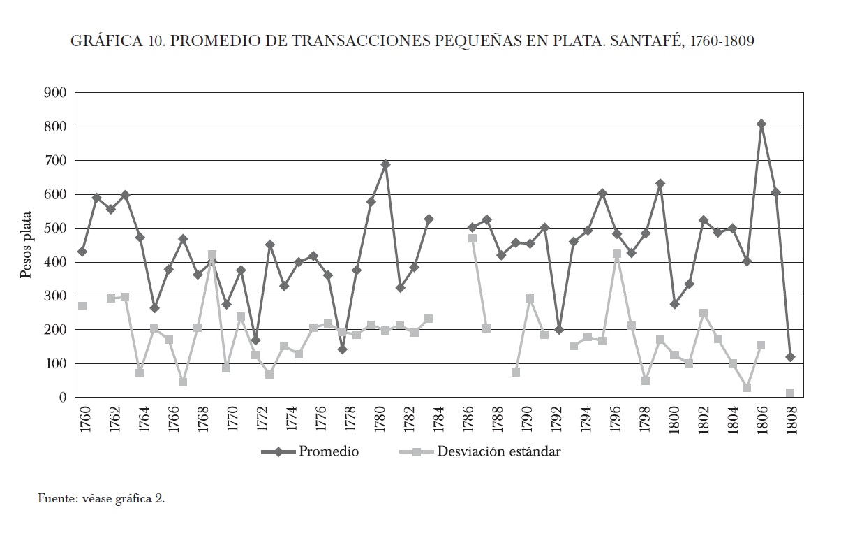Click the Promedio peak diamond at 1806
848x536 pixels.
click(x=761, y=124)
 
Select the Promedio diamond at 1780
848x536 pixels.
click(x=385, y=165)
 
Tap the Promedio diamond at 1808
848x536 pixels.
click(x=790, y=357)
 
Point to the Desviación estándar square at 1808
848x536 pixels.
click(x=790, y=393)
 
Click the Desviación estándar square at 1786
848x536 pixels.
click(x=473, y=238)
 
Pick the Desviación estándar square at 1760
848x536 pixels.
click(x=82, y=306)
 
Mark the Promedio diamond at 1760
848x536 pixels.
click(x=82, y=252)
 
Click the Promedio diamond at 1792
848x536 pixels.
click(x=559, y=330)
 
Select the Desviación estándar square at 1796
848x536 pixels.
click(x=617, y=254)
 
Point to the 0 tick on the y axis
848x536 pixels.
click(x=62, y=398)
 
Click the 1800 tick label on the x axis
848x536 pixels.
click(x=675, y=420)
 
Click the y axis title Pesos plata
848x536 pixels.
click(x=26, y=245)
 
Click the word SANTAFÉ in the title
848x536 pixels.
click(x=645, y=41)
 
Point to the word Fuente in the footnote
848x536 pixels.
click(x=55, y=499)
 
